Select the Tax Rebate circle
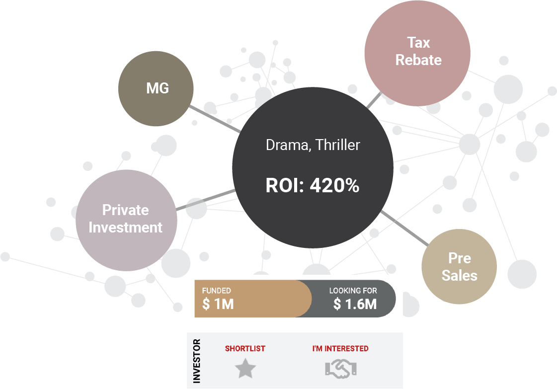pyautogui.click(x=417, y=52)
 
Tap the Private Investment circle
pyautogui.click(x=126, y=219)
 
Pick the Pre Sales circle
pyautogui.click(x=459, y=267)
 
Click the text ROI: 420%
pyautogui.click(x=313, y=186)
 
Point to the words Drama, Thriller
pyautogui.click(x=313, y=145)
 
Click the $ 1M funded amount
pyautogui.click(x=218, y=304)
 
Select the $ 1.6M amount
pyautogui.click(x=355, y=304)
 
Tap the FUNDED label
pyautogui.click(x=216, y=291)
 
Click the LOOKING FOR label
pyautogui.click(x=353, y=291)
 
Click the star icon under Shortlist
pyautogui.click(x=245, y=369)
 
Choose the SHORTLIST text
pyautogui.click(x=245, y=349)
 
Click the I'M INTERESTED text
pyautogui.click(x=340, y=349)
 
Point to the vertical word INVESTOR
pyautogui.click(x=197, y=361)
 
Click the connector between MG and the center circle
pyautogui.click(x=215, y=119)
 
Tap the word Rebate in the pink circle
pyautogui.click(x=418, y=60)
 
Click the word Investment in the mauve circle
pyautogui.click(x=126, y=228)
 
